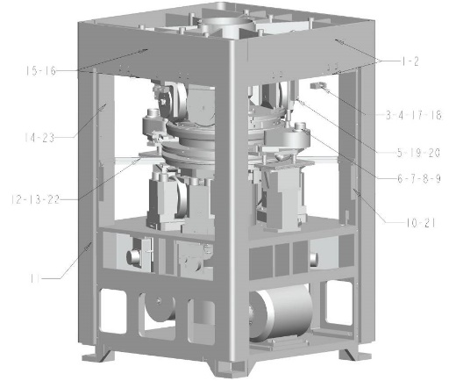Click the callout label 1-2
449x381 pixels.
coord(410,61)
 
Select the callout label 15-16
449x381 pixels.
coord(40,71)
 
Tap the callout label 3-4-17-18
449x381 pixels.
coord(413,115)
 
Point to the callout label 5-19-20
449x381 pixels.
coord(418,153)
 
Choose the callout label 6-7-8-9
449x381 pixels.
coord(418,178)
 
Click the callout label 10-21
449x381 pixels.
coord(420,224)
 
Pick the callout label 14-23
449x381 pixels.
coord(39,138)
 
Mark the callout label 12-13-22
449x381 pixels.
coord(35,200)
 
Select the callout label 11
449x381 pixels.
coord(35,278)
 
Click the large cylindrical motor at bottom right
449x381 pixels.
coord(281,313)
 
